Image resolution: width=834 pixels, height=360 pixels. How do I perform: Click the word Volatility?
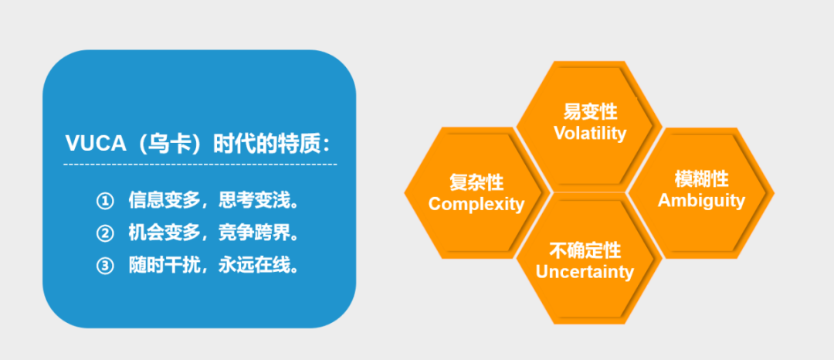coord(590,133)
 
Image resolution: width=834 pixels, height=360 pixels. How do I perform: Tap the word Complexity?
coord(476,204)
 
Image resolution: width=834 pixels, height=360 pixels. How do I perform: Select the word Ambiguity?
coord(701,201)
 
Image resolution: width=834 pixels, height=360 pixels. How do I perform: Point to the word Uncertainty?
coord(585,272)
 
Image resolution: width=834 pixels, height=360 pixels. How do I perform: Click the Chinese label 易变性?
coord(591,112)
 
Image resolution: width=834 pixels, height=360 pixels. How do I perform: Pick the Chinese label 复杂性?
coord(476,183)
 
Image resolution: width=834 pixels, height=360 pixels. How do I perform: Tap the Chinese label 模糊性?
coord(701,179)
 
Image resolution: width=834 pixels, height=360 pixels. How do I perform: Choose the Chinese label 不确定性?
coord(585,250)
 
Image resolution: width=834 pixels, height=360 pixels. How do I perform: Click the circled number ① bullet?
coord(105,201)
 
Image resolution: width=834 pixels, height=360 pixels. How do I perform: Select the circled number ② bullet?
coord(105,233)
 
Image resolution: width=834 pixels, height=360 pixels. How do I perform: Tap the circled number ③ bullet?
coord(105,266)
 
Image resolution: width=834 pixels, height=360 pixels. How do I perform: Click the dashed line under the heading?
coord(200,165)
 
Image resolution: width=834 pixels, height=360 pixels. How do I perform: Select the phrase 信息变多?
coord(164,201)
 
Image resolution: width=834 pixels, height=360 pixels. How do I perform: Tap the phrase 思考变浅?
coord(253,201)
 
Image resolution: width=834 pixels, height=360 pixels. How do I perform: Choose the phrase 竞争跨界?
coord(253,233)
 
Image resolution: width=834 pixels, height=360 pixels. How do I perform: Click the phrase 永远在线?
coord(253,266)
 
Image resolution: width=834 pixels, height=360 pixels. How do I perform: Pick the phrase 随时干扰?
coord(164,266)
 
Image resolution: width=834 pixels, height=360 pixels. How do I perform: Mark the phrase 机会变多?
coord(164,233)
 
